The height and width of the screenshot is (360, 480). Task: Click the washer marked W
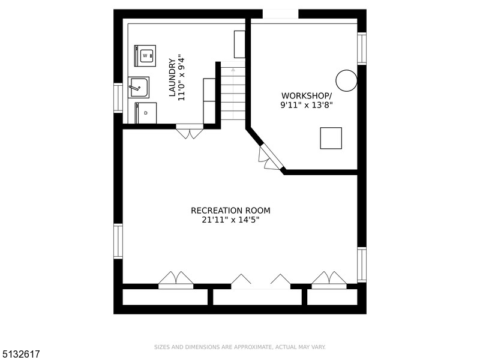click(145, 56)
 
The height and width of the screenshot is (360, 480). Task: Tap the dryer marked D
click(146, 113)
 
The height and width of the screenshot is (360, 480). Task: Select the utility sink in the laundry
click(139, 88)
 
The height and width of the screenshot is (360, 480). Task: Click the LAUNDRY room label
click(173, 78)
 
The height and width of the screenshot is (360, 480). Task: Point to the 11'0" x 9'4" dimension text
click(182, 79)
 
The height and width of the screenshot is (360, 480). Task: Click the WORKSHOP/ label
click(307, 95)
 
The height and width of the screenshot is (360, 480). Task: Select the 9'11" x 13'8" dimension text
click(307, 105)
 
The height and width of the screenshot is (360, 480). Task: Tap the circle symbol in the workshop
click(347, 80)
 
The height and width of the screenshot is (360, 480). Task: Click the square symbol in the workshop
click(331, 138)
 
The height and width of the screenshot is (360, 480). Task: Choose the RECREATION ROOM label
click(230, 211)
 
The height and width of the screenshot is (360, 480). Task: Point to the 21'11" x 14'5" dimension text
click(230, 220)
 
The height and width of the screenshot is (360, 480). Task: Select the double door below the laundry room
click(190, 131)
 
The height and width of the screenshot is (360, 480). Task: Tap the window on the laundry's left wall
click(118, 98)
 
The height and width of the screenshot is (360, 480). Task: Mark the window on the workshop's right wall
click(362, 49)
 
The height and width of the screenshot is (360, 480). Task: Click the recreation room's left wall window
click(118, 241)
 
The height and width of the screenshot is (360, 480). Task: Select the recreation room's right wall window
click(362, 265)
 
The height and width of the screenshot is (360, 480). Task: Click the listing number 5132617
click(20, 354)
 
